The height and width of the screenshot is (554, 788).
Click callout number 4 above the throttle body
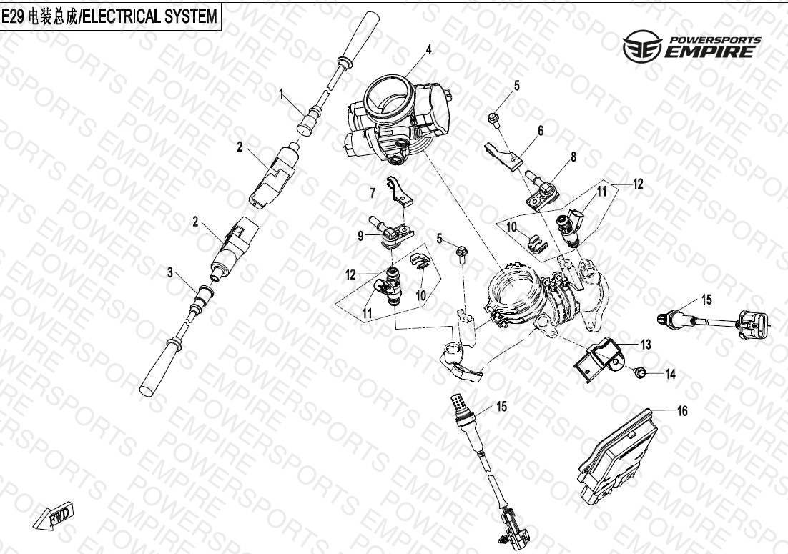(x=428, y=50)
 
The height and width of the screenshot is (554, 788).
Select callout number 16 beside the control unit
(x=681, y=411)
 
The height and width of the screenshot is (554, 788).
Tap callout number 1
(x=282, y=94)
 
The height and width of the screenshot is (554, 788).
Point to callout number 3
(x=170, y=273)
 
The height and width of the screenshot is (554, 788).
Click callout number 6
(x=541, y=131)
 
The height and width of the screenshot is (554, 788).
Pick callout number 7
(x=373, y=193)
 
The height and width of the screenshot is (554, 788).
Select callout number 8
(x=573, y=157)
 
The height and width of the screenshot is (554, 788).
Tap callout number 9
(x=360, y=235)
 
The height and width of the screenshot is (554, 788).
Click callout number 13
(x=645, y=345)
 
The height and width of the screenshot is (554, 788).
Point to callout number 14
(x=671, y=374)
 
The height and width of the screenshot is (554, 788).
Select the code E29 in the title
(x=13, y=16)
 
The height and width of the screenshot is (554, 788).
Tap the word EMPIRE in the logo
(x=709, y=51)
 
